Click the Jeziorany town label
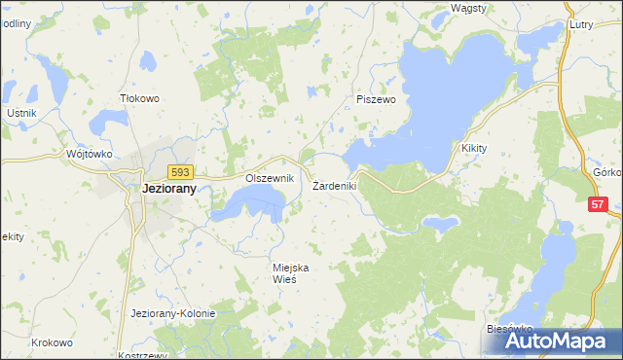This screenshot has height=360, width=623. pos(156,191)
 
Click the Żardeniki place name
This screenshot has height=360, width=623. pos(336,185)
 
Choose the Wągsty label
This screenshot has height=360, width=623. pos(469,8)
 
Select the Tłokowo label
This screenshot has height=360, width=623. pos(138,97)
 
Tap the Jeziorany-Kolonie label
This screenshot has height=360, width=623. pos(172,313)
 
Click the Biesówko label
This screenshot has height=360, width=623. pos(506,330)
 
